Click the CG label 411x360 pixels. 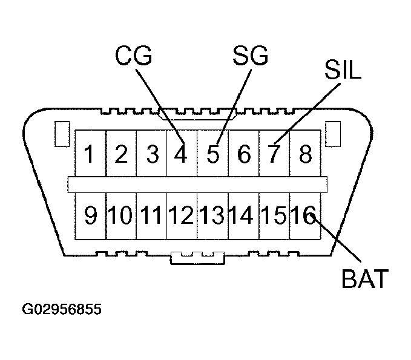(134, 57)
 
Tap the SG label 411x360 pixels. (249, 57)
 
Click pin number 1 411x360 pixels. (90, 155)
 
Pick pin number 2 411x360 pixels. (121, 155)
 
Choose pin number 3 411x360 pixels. (152, 155)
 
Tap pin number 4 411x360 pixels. (180, 155)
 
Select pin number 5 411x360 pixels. (212, 155)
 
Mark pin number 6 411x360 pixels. (244, 155)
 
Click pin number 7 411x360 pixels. (274, 155)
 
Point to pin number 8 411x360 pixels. (306, 155)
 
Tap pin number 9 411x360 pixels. (90, 215)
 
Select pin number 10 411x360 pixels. (121, 215)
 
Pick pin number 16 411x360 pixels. (303, 215)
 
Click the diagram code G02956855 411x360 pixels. (62, 309)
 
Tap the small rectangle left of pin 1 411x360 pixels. (61, 134)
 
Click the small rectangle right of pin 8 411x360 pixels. (332, 134)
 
